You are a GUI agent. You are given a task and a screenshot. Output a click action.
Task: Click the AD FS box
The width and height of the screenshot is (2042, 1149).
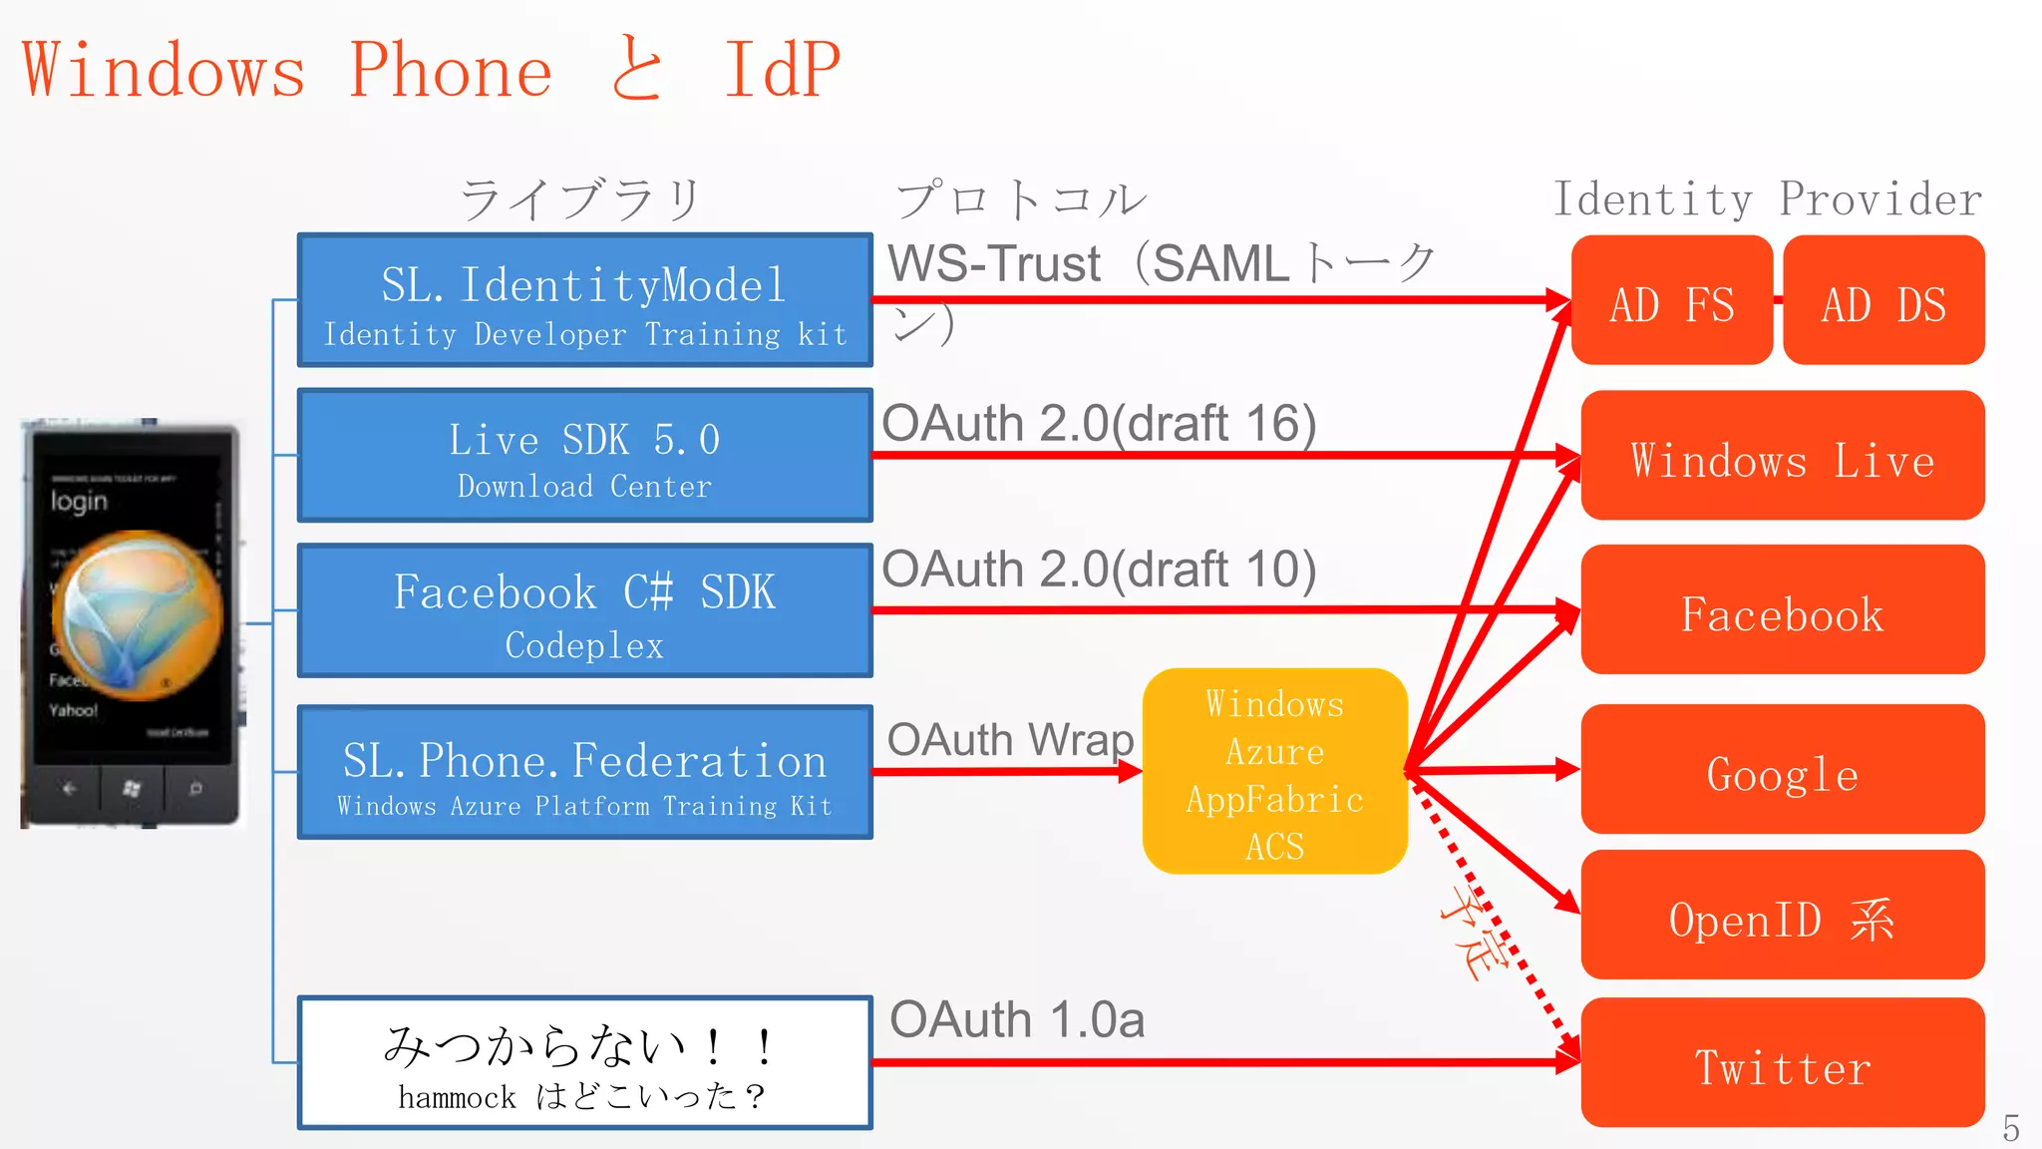coord(1671,300)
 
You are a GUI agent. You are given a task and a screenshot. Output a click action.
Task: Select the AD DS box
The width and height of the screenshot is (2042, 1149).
coord(1882,300)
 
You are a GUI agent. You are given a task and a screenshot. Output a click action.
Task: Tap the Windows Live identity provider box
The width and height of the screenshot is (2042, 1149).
coord(1782,456)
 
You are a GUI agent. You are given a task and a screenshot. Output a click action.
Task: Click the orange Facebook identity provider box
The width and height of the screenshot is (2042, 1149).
coord(1782,609)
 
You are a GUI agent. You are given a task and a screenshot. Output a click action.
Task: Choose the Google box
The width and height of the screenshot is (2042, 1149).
coord(1782,769)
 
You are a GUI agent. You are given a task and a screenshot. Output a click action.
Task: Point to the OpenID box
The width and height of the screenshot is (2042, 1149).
coord(1782,915)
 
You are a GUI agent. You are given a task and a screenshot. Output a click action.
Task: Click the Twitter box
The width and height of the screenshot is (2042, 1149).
coord(1782,1063)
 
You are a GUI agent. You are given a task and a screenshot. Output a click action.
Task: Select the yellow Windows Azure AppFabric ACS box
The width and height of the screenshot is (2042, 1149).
coord(1274,771)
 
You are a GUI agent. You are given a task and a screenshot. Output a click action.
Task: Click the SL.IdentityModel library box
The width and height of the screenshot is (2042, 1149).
coord(585,300)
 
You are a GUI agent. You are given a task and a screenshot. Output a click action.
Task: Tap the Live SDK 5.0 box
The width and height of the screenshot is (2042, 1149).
coord(585,456)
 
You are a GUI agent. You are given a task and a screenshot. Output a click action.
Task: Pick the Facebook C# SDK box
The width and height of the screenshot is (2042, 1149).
coord(585,610)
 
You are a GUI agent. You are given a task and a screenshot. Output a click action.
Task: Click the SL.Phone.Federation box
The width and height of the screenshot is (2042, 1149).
coord(585,772)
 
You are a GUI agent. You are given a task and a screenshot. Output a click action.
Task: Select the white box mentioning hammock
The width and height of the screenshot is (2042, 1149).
coord(585,1063)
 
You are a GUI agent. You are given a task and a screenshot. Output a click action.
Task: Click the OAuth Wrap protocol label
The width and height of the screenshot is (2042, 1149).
coord(1009,740)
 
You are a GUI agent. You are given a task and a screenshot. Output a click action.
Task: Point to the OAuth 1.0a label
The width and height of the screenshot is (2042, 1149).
coord(1016,1020)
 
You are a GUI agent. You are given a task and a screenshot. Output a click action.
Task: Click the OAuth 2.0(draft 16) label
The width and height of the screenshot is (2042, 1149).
coord(1099,423)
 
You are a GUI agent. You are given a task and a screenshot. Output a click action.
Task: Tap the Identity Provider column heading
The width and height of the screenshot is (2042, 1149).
coord(1767,199)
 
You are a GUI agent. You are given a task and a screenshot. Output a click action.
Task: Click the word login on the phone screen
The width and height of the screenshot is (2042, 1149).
coord(79,501)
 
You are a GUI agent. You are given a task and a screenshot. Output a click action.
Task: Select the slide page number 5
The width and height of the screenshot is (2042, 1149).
coord(2010,1128)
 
